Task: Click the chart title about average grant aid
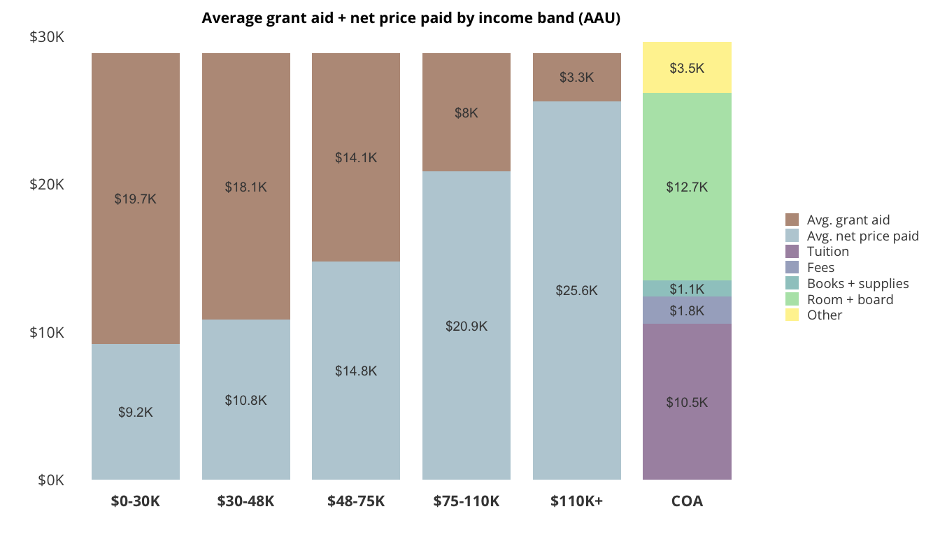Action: pyautogui.click(x=411, y=18)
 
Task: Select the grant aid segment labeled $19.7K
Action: pyautogui.click(x=136, y=199)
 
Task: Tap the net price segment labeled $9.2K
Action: pyautogui.click(x=136, y=412)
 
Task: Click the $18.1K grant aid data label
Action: pyautogui.click(x=245, y=187)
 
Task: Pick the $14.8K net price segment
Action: pyautogui.click(x=356, y=371)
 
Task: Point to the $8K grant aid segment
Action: pyautogui.click(x=467, y=113)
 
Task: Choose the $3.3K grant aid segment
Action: pyautogui.click(x=576, y=77)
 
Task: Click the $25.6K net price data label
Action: pyautogui.click(x=576, y=291)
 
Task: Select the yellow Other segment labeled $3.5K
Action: pyautogui.click(x=687, y=68)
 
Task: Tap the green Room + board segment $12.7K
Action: pyautogui.click(x=687, y=187)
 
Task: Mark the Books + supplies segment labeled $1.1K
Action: pyautogui.click(x=687, y=289)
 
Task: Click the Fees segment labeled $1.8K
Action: pyautogui.click(x=687, y=310)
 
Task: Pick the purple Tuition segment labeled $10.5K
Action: pyautogui.click(x=687, y=402)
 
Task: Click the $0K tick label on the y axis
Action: pyautogui.click(x=51, y=480)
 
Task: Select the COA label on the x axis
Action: pyautogui.click(x=687, y=501)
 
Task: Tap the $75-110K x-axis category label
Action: pyautogui.click(x=467, y=501)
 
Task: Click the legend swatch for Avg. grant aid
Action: pyautogui.click(x=792, y=220)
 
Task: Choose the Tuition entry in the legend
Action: pyautogui.click(x=827, y=252)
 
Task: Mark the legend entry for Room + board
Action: pyautogui.click(x=850, y=299)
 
